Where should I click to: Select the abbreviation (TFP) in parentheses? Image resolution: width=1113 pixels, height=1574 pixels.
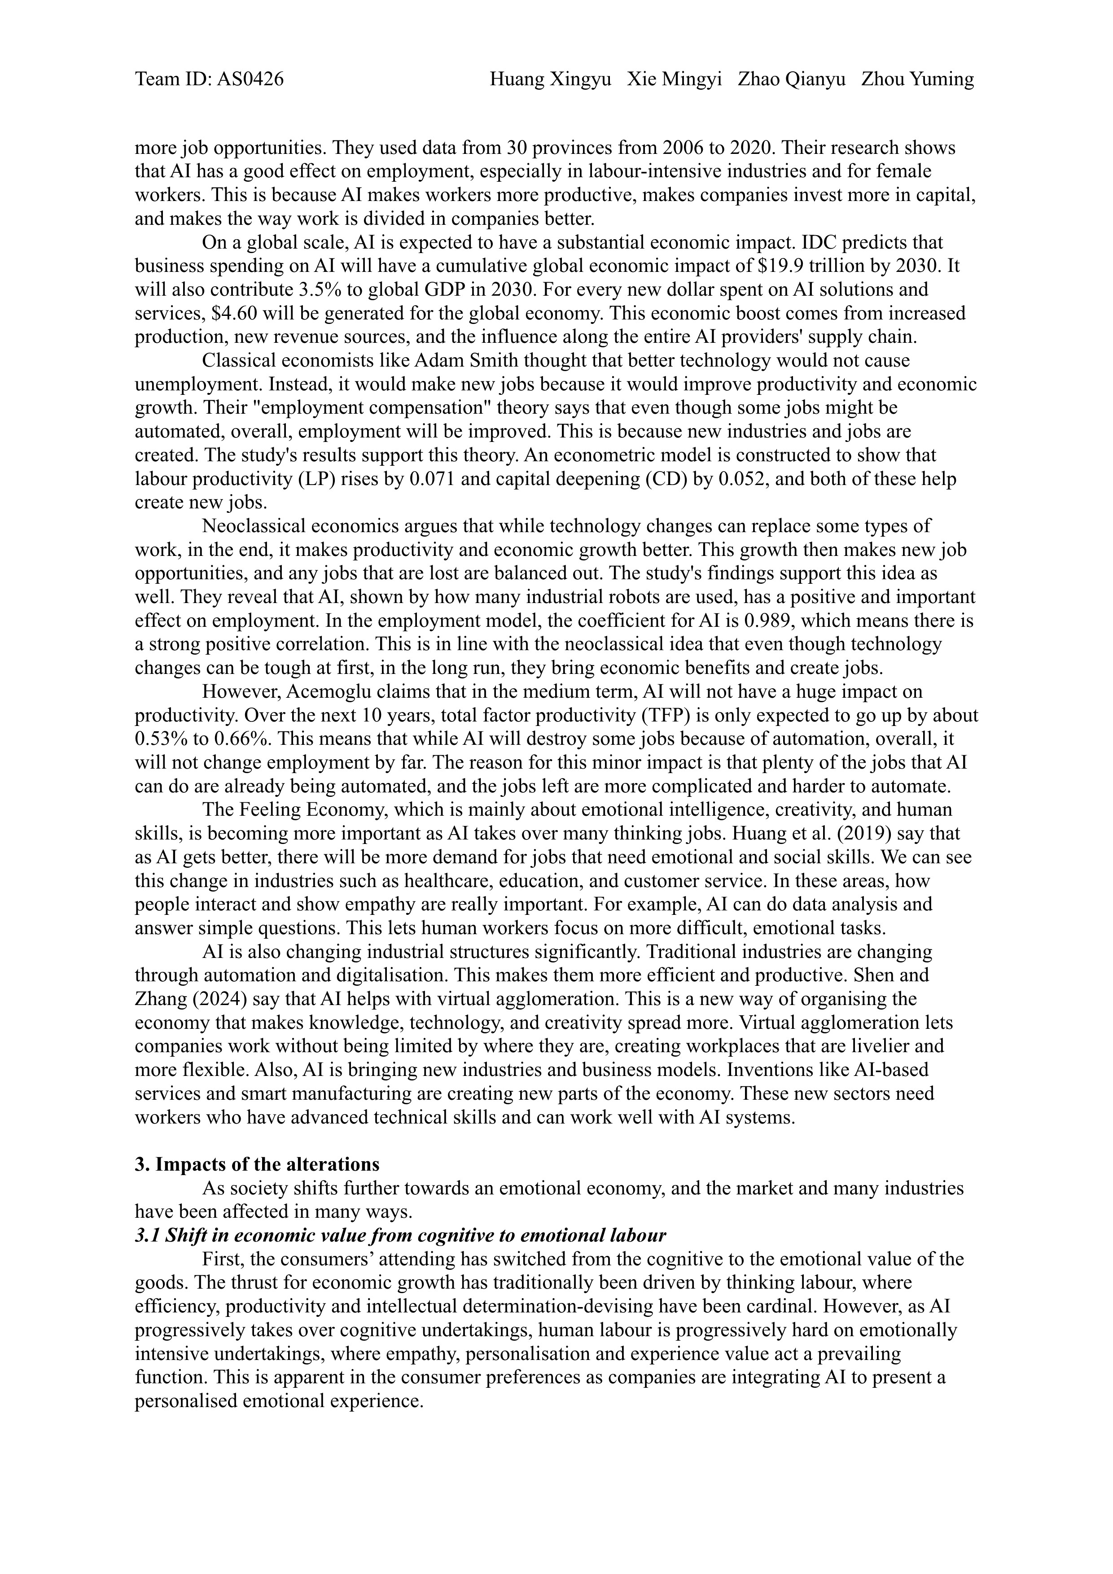click(x=665, y=716)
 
